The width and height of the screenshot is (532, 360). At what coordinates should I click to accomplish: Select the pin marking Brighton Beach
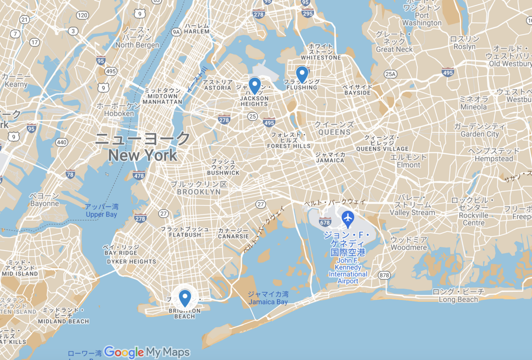pyautogui.click(x=185, y=297)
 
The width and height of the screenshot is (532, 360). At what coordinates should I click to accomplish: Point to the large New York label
pyautogui.click(x=143, y=155)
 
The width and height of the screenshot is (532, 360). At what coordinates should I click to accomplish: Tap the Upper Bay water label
pyautogui.click(x=102, y=215)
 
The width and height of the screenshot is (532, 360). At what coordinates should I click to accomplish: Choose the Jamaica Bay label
pyautogui.click(x=268, y=302)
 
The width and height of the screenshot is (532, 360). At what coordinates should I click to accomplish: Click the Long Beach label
pyautogui.click(x=458, y=299)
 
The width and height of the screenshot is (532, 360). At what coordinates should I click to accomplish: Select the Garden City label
pyautogui.click(x=480, y=134)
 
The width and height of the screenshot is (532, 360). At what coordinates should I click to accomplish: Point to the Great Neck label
pyautogui.click(x=394, y=50)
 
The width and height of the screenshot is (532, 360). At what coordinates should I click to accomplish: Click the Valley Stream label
pyautogui.click(x=412, y=212)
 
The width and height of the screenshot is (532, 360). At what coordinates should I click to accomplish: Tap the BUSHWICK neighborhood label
pyautogui.click(x=223, y=172)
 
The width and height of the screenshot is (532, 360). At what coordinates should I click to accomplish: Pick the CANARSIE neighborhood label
pyautogui.click(x=233, y=236)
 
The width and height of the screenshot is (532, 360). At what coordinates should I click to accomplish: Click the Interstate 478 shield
pyautogui.click(x=139, y=176)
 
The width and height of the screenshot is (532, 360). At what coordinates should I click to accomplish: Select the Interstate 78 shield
pyautogui.click(x=70, y=175)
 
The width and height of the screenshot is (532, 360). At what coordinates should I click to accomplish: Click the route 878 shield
pyautogui.click(x=384, y=276)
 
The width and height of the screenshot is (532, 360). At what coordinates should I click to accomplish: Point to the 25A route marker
pyautogui.click(x=390, y=73)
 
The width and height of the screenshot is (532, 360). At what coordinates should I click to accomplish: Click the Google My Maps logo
pyautogui.click(x=147, y=352)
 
